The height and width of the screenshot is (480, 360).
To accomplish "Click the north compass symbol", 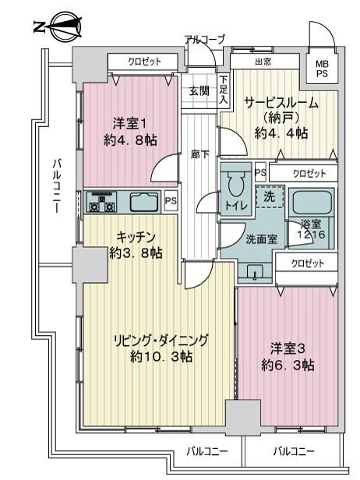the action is click(58, 27).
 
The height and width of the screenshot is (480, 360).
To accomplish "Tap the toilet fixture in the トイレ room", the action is click(235, 184).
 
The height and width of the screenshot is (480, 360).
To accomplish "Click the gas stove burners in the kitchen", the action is click(101, 202).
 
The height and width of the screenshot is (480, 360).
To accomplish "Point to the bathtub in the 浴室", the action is click(312, 203).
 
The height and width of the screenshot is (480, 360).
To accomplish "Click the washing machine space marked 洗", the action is click(270, 196).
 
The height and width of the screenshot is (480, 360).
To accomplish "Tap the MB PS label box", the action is click(322, 69).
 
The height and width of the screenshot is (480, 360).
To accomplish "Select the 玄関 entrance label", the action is click(199, 91).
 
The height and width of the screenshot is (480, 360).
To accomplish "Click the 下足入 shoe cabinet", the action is click(224, 90).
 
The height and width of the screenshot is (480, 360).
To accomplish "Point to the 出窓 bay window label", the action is click(263, 62).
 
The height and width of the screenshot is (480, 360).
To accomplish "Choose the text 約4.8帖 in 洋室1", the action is click(130, 140).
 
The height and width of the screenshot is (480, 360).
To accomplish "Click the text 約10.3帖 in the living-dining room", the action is click(161, 357).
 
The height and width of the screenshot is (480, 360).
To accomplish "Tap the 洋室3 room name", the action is click(288, 348).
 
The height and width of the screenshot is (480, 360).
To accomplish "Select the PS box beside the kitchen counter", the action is click(171, 201).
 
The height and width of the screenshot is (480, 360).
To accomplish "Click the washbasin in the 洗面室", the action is click(255, 272).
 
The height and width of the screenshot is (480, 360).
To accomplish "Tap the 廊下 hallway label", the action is click(199, 155).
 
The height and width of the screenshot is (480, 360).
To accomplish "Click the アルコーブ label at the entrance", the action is click(205, 40).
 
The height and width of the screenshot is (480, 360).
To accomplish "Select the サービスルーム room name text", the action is click(281, 103).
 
